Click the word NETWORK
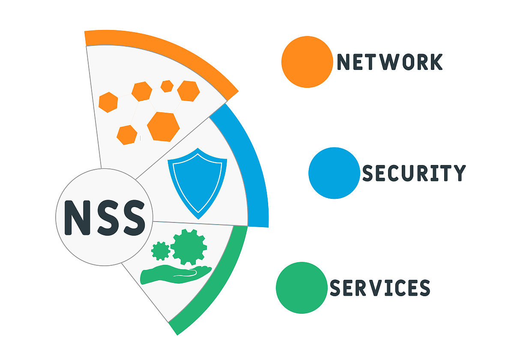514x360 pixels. pos(389,62)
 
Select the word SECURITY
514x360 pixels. pos(414,173)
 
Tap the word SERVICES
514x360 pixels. pos(380,288)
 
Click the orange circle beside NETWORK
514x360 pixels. pos(307,62)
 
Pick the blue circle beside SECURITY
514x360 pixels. pos(334,173)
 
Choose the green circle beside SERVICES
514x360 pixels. pos(302,288)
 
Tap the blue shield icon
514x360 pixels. pos(197,182)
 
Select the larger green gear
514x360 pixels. pos(188,247)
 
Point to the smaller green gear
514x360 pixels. pos(161,251)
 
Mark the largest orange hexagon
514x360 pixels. pos(163,126)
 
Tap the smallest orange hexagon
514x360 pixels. pos(167,86)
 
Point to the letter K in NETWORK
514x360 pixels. pos(435,62)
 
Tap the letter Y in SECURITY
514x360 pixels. pos(459,173)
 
